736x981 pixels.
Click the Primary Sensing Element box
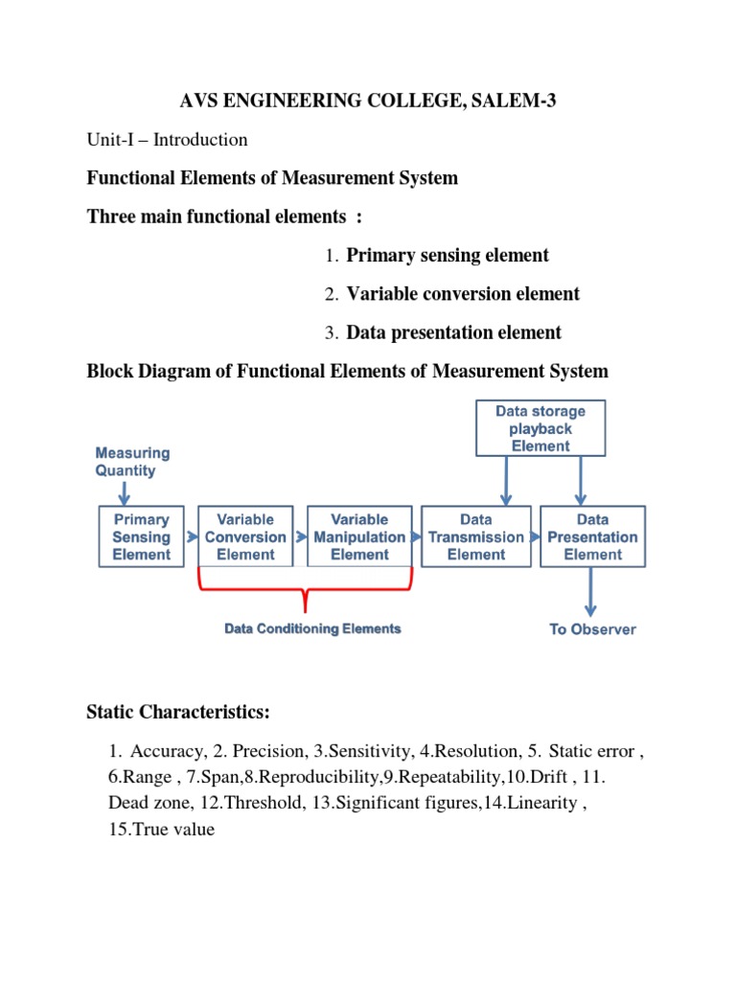[x=141, y=536]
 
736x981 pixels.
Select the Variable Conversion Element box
[x=245, y=536]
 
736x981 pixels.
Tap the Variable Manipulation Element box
[x=359, y=536]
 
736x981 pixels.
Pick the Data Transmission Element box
[x=476, y=536]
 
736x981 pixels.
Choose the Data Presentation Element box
[x=592, y=536]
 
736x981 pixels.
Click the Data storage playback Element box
[x=540, y=428]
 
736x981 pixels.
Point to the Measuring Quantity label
[x=132, y=461]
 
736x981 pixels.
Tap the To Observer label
[x=592, y=629]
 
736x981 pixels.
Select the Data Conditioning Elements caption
[x=312, y=628]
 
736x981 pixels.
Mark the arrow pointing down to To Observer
[x=591, y=593]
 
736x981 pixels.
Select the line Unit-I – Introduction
[x=167, y=140]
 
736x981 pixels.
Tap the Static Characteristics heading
[x=179, y=712]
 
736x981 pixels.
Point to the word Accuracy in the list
[x=164, y=751]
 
